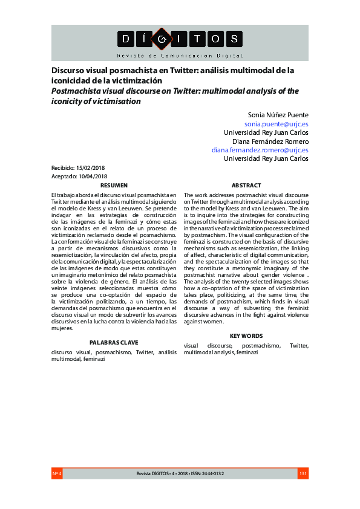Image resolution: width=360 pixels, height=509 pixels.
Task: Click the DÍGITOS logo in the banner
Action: click(179, 39)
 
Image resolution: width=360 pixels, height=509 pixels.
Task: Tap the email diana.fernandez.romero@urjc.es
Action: click(260, 149)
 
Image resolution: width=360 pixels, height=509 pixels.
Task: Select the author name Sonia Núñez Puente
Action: click(278, 114)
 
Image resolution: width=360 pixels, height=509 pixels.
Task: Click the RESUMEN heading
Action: click(114, 185)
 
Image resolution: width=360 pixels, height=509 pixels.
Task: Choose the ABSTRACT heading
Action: click(246, 185)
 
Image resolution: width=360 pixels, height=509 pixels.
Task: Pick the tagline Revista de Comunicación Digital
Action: click(179, 55)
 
